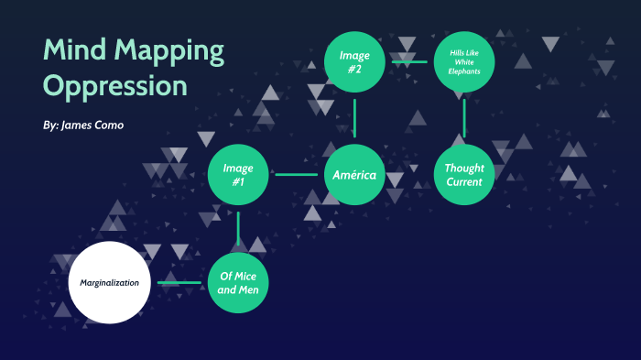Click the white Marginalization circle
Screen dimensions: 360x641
pyautogui.click(x=110, y=282)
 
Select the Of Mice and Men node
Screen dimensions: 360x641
pyautogui.click(x=238, y=282)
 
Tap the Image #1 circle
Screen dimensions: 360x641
pyautogui.click(x=238, y=174)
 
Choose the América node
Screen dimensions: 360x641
pyautogui.click(x=354, y=174)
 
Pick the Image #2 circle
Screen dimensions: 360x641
pyautogui.click(x=354, y=61)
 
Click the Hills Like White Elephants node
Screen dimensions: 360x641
pyautogui.click(x=464, y=61)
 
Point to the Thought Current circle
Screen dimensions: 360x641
pyautogui.click(x=464, y=174)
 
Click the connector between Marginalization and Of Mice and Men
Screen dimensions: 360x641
pyautogui.click(x=179, y=282)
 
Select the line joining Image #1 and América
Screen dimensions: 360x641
pyautogui.click(x=296, y=174)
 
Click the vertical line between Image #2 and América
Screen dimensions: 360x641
pyautogui.click(x=354, y=117)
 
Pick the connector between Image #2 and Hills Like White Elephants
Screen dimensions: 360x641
pyautogui.click(x=410, y=61)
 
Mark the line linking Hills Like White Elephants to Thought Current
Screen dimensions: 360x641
pyautogui.click(x=464, y=117)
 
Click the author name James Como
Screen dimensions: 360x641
pyautogui.click(x=92, y=125)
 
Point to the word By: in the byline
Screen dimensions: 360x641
pyautogui.click(x=51, y=125)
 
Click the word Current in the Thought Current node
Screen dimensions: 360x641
pyautogui.click(x=464, y=181)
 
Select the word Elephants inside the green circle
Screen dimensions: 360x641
pyautogui.click(x=464, y=71)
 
